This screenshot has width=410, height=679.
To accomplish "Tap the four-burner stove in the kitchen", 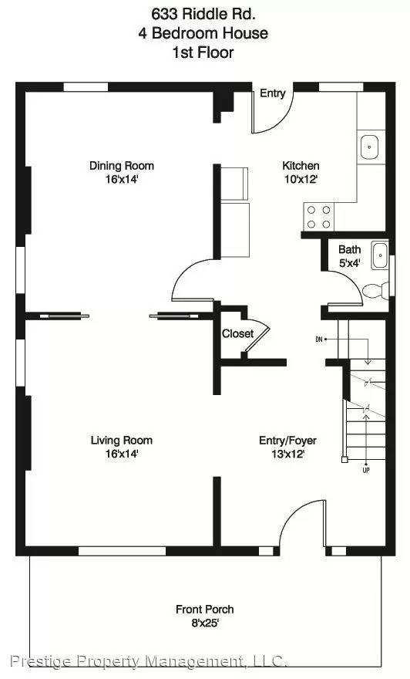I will click(x=318, y=217).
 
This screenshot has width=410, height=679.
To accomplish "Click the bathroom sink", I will click(x=378, y=255).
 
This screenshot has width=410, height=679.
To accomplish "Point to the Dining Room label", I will click(x=122, y=165).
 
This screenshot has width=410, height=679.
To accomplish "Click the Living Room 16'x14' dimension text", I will click(x=122, y=454).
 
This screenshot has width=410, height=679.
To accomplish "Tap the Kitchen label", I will click(x=301, y=165).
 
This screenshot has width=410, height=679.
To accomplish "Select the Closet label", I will click(x=237, y=334).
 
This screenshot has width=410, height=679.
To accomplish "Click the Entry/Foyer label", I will click(x=287, y=441).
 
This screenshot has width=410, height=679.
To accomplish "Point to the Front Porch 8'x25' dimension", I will click(x=204, y=623).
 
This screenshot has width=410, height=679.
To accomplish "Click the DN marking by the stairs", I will click(x=318, y=339).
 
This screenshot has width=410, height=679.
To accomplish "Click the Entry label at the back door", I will click(x=272, y=93).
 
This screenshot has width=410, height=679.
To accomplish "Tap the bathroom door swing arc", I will click(x=344, y=292).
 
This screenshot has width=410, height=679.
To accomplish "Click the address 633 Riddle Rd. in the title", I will click(x=204, y=13).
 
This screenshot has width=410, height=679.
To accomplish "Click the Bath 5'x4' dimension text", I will click(x=349, y=262).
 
